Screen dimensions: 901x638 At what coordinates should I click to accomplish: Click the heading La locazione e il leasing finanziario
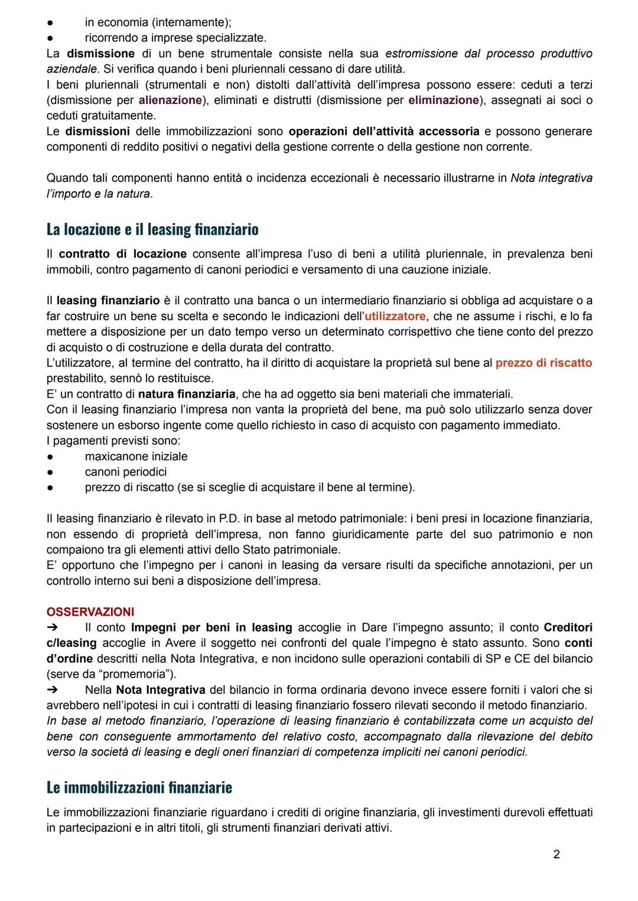pyautogui.click(x=152, y=229)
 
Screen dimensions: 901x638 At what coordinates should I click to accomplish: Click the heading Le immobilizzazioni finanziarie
pyautogui.click(x=139, y=788)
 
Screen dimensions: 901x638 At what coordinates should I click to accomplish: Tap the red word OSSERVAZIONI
pyautogui.click(x=90, y=611)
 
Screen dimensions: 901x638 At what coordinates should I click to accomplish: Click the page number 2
pyautogui.click(x=556, y=854)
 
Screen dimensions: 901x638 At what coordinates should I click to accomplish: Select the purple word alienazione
pyautogui.click(x=170, y=100)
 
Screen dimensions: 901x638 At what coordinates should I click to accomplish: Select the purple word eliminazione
pyautogui.click(x=443, y=100)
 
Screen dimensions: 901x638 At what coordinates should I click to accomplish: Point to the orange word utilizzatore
pyautogui.click(x=395, y=316)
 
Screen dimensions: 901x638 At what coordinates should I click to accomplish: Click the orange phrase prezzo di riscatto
pyautogui.click(x=543, y=363)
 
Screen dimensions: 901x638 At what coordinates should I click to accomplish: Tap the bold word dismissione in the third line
pyautogui.click(x=100, y=53)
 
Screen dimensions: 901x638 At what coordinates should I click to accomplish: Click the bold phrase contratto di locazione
pyautogui.click(x=122, y=254)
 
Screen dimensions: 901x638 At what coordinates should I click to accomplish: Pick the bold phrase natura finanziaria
pyautogui.click(x=187, y=393)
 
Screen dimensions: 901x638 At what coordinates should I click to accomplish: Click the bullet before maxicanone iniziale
pyautogui.click(x=51, y=457)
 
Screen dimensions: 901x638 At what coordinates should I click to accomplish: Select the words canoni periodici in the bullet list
pyautogui.click(x=125, y=471)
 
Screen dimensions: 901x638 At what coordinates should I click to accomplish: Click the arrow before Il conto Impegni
pyautogui.click(x=52, y=627)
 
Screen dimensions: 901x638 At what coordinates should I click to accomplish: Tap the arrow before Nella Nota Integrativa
pyautogui.click(x=52, y=689)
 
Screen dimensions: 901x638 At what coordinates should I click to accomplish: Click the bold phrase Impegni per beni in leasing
pyautogui.click(x=211, y=627)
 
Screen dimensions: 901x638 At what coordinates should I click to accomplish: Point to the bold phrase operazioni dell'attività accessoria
pyautogui.click(x=384, y=131)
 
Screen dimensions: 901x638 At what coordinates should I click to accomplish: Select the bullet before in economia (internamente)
pyautogui.click(x=51, y=22)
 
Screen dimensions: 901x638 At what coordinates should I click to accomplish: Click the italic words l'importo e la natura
pyautogui.click(x=99, y=193)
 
